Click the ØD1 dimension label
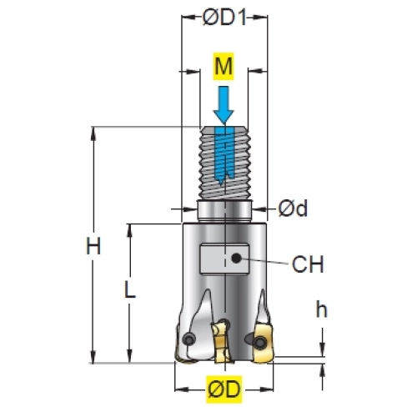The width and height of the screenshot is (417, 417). [x=224, y=18]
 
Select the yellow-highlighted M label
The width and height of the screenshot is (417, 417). [x=224, y=66]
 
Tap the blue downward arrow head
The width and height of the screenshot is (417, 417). [x=224, y=117]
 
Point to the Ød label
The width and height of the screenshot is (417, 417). [x=293, y=208]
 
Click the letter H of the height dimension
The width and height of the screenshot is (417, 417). [x=93, y=246]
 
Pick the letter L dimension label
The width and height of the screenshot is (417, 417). [x=129, y=289]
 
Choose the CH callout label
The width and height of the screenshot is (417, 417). [x=308, y=264]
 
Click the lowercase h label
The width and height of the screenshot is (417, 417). [x=322, y=309]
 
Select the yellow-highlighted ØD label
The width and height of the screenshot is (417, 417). [x=224, y=389]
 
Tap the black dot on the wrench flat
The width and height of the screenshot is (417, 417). [x=236, y=259]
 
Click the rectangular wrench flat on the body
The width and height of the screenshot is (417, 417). [x=224, y=259]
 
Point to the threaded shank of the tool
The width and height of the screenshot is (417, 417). [x=224, y=163]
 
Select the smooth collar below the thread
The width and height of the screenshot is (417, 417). [x=224, y=211]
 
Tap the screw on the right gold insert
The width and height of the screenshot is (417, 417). [x=260, y=342]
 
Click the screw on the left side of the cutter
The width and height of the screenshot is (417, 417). [x=188, y=339]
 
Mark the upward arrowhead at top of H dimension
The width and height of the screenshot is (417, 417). [x=93, y=133]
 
